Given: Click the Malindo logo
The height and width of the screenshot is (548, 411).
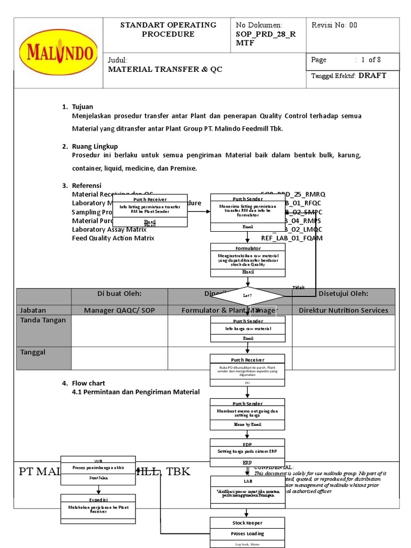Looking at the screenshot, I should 58,53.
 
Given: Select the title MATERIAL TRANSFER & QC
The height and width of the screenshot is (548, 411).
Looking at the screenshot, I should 165,70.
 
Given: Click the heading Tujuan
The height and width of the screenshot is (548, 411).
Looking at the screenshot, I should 82,107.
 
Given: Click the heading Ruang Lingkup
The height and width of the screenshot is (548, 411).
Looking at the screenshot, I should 95,146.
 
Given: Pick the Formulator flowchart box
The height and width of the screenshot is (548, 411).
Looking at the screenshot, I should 248,260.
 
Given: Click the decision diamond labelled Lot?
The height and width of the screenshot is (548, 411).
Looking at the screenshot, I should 247,295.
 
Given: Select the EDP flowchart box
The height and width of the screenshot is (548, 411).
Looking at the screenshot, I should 247,453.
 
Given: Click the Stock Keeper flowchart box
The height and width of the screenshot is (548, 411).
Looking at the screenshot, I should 247,532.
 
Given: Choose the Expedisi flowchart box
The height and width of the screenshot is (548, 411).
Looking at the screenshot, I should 98,506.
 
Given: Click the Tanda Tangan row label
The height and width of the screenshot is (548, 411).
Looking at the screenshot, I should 43,320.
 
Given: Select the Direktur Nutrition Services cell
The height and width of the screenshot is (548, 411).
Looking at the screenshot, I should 343,310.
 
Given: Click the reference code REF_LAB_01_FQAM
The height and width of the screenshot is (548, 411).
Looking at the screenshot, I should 292,238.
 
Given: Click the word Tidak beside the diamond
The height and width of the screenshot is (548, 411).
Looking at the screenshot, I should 299,288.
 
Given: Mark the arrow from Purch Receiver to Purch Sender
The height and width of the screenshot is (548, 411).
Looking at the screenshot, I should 199,211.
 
